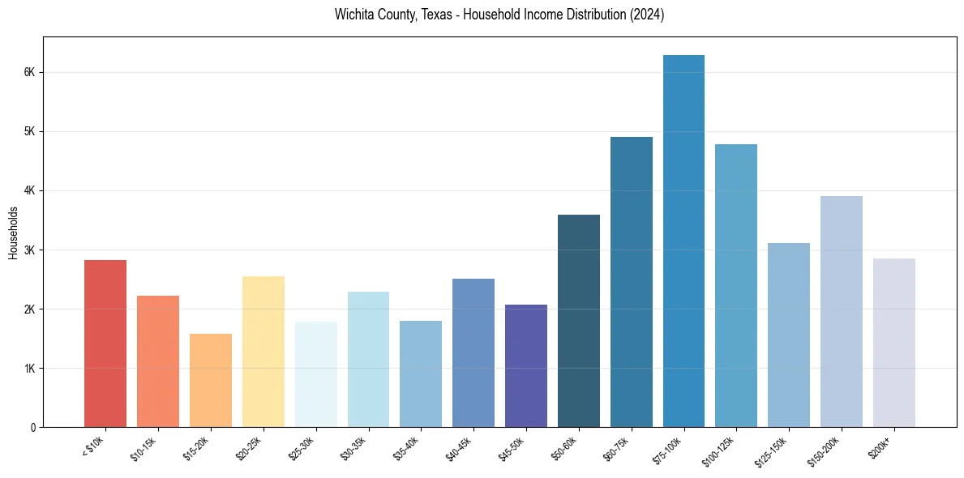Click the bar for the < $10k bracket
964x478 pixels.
(105, 344)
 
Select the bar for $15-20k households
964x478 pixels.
(211, 380)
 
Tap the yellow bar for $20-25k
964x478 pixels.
(263, 352)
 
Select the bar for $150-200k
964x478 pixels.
(842, 311)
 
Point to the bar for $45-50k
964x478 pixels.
(526, 365)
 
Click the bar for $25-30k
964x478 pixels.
(315, 374)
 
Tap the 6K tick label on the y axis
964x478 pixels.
(29, 72)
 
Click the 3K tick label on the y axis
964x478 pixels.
(29, 250)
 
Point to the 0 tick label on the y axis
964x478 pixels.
(32, 427)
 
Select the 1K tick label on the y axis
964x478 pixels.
(29, 368)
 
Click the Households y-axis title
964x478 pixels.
(13, 233)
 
